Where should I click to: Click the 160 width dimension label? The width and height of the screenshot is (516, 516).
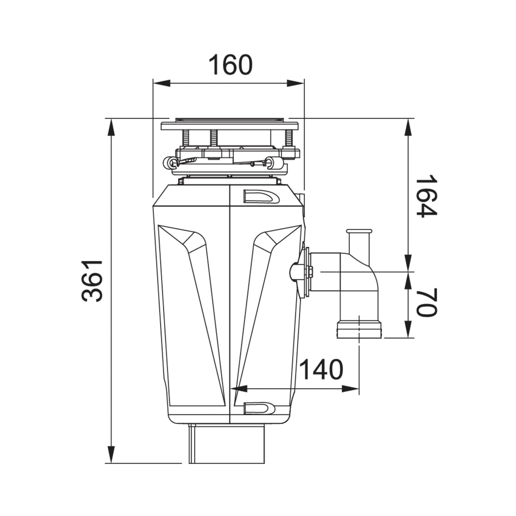click(231, 65)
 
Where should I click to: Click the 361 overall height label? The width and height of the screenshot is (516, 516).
click(92, 281)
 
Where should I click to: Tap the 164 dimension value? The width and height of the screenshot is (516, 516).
click(426, 196)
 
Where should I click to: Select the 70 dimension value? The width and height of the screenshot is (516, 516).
click(426, 303)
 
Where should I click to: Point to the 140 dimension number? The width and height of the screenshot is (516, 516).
click(321, 369)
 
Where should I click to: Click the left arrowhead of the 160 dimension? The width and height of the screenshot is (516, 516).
click(161, 83)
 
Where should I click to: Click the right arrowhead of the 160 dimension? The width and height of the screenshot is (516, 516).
click(295, 83)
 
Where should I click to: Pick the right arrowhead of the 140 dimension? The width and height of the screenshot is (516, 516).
click(350, 389)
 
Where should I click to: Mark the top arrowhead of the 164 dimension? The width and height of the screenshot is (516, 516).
click(408, 127)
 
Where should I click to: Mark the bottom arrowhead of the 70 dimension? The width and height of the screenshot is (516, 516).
click(408, 329)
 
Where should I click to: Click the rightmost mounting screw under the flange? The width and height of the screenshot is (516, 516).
click(289, 138)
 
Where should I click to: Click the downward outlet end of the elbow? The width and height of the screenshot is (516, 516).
click(359, 329)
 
